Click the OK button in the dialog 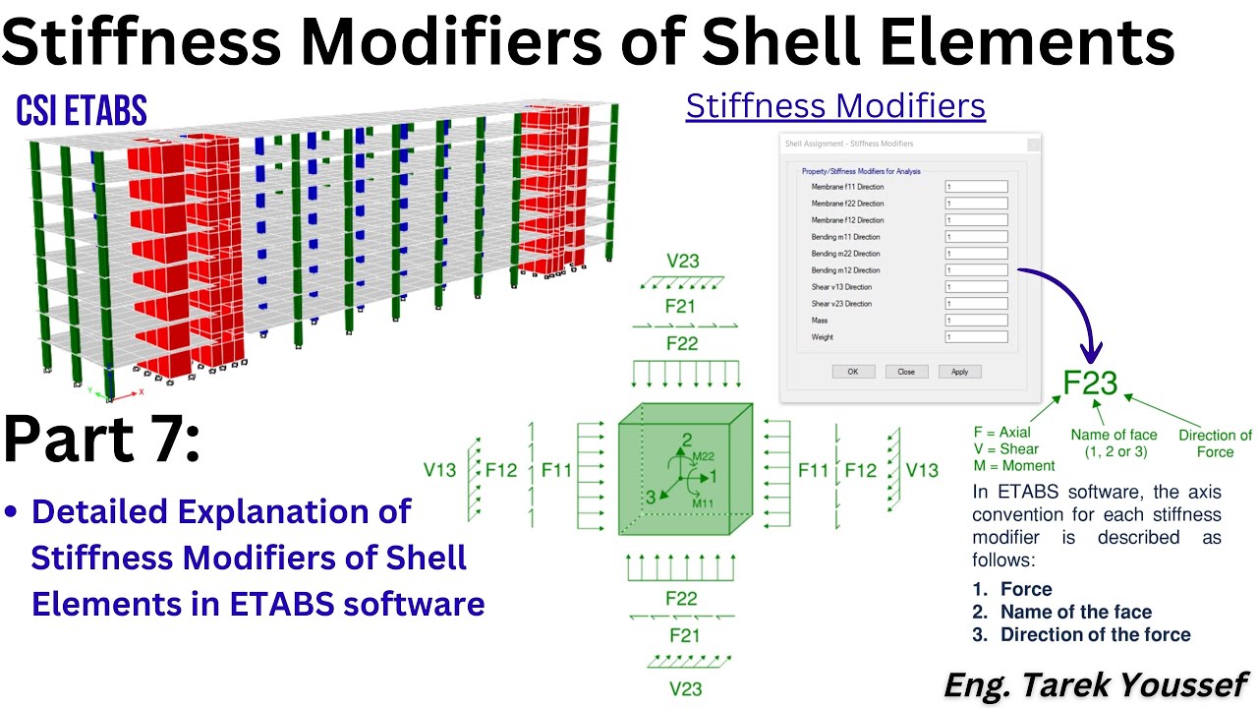tap(852, 372)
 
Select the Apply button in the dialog tap(959, 372)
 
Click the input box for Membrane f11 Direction tap(976, 187)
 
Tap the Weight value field tap(976, 337)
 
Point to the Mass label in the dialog tap(820, 321)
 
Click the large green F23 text tap(1091, 384)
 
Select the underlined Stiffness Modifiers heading tap(835, 106)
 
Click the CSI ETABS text tap(82, 112)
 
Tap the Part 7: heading tap(102, 439)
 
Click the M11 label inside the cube tap(703, 503)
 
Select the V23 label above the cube tap(682, 262)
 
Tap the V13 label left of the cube tap(440, 471)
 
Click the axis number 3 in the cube tap(650, 498)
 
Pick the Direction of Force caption tap(1215, 443)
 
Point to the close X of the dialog tap(1033, 145)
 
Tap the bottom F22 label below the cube tap(682, 599)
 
